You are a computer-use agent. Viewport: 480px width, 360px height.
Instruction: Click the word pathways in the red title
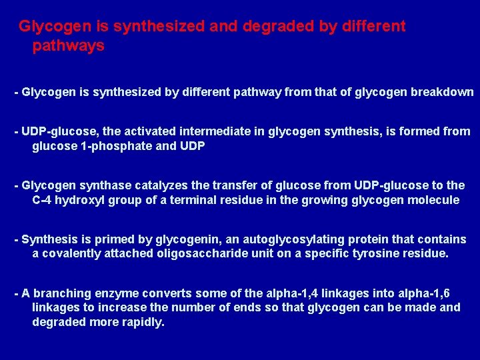coord(68,46)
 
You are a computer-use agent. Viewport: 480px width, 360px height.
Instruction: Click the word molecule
coord(433,200)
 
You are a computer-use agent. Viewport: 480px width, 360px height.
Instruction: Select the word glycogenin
coord(172,239)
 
